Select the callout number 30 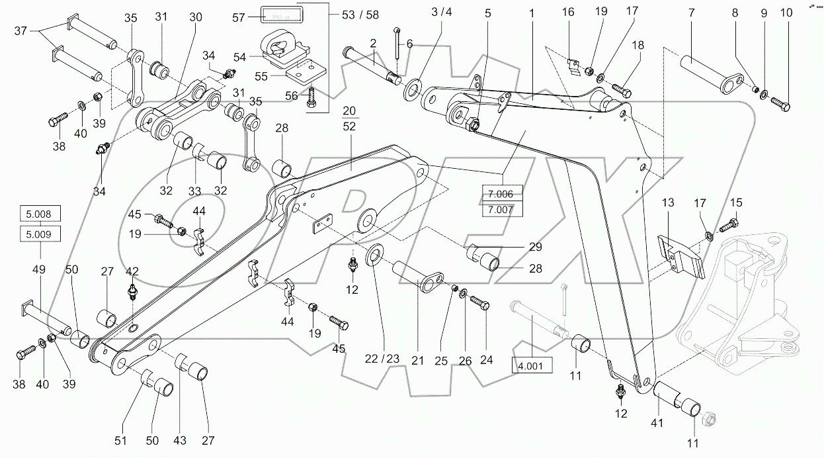click(x=195, y=17)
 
